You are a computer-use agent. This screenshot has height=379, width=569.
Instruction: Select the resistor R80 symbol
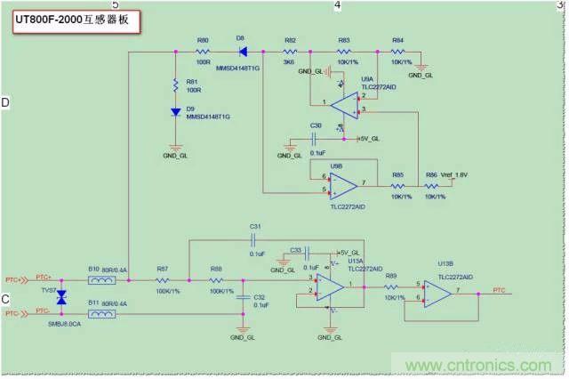pos(203,52)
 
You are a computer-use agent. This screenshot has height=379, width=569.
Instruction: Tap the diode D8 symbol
pos(242,52)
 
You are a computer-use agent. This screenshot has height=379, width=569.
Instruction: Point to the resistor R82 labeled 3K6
pos(290,52)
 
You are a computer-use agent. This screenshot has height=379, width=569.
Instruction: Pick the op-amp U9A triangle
pos(342,106)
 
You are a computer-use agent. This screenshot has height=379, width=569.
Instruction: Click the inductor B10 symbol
pos(106,280)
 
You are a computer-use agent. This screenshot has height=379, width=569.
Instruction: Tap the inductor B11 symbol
pos(106,312)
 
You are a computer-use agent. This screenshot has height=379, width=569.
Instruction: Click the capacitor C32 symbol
pos(242,298)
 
